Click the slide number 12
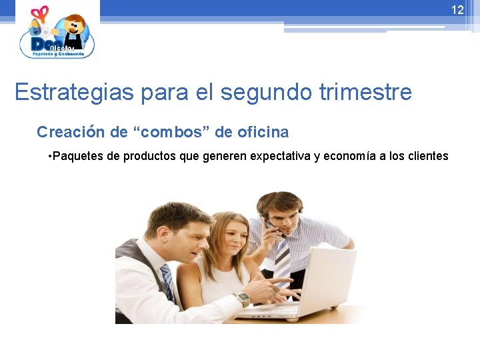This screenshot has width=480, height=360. (x=457, y=10)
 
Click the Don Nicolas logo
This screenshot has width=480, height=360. (x=57, y=33)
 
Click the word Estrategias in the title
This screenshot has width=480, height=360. (x=74, y=92)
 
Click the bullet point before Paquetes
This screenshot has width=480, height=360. (x=50, y=157)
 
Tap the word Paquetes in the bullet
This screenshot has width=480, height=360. (x=77, y=157)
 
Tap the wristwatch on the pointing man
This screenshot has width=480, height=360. (x=243, y=299)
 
